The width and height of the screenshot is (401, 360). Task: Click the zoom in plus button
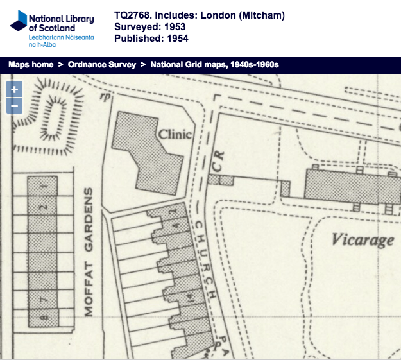[14, 90]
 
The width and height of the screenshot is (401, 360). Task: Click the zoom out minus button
[14, 106]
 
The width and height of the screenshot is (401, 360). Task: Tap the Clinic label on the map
[175, 135]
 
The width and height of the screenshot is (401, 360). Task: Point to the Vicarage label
[363, 241]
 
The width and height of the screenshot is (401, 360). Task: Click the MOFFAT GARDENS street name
[89, 253]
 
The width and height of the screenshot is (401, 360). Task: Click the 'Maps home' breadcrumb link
[30, 65]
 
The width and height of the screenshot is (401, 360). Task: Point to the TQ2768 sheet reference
[133, 15]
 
